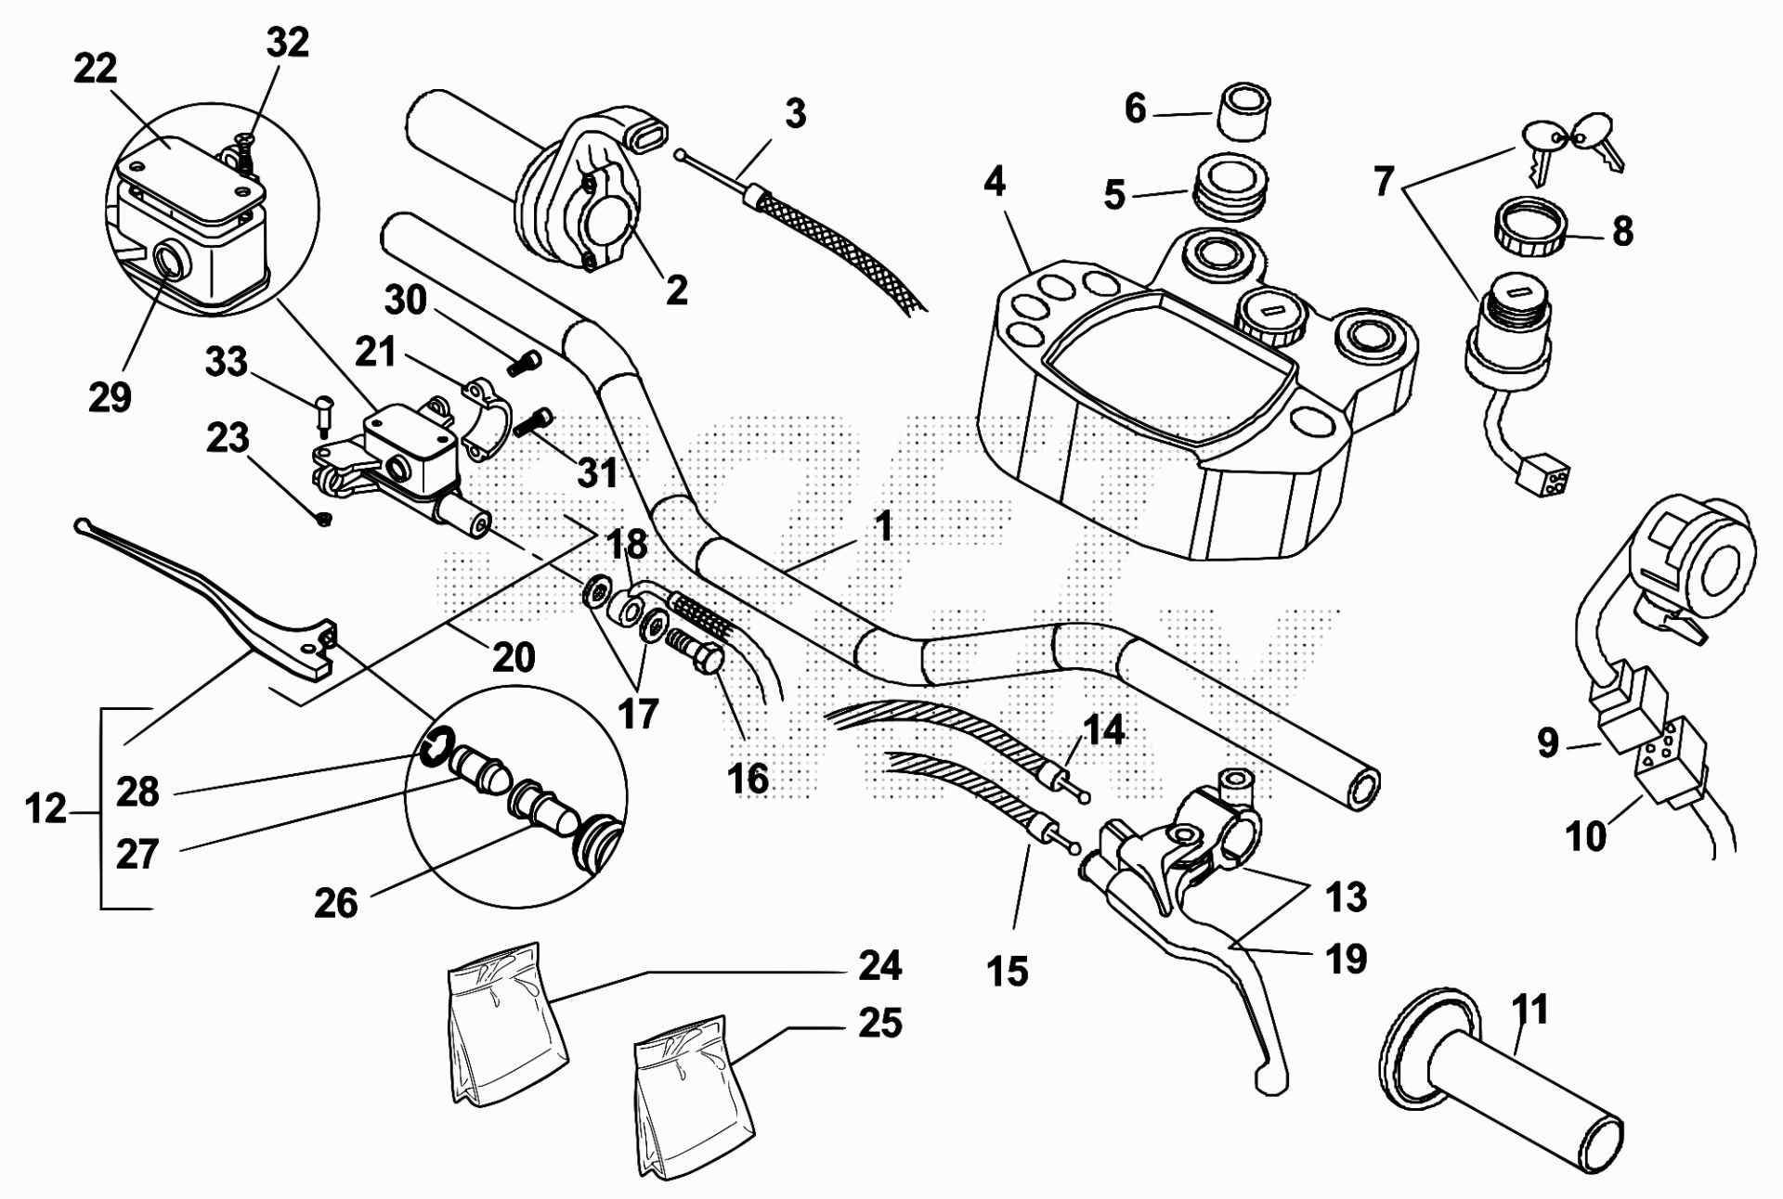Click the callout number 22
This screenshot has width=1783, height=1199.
(96, 69)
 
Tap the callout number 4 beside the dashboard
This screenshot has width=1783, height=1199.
(994, 181)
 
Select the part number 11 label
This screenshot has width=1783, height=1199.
(1530, 1009)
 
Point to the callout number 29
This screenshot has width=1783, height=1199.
(110, 397)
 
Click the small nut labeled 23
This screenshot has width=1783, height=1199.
(324, 520)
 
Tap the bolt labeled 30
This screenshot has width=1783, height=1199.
(524, 363)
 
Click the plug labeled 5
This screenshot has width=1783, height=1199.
(1228, 188)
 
